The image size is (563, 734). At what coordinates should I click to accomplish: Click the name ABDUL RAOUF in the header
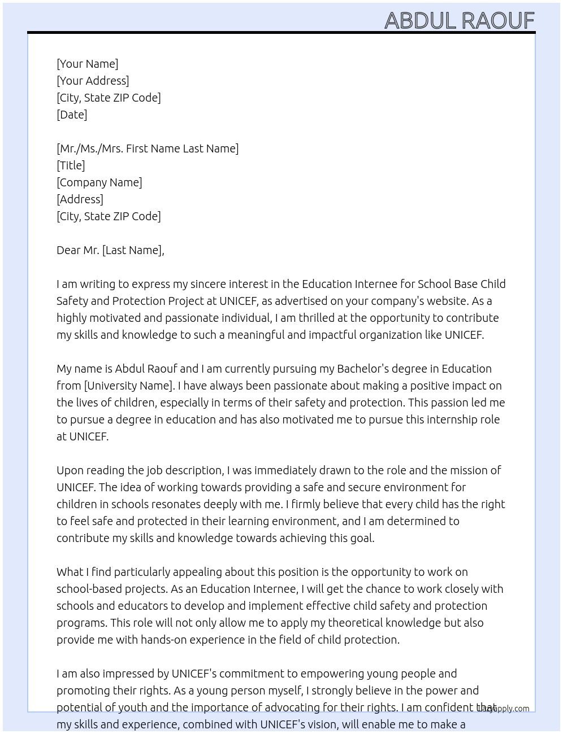[459, 20]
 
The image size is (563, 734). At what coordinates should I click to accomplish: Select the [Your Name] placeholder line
[87, 64]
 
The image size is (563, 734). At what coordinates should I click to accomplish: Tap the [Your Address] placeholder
[93, 81]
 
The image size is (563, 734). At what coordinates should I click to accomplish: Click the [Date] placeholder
[72, 115]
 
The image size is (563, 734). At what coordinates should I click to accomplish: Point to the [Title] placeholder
[71, 165]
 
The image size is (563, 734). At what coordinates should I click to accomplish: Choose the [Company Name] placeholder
[99, 182]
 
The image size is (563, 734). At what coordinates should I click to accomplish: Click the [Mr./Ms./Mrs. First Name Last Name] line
[148, 148]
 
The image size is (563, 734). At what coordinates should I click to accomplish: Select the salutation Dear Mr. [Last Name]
[110, 250]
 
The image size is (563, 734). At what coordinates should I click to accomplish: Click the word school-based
[90, 589]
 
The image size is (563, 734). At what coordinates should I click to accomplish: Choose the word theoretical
[365, 623]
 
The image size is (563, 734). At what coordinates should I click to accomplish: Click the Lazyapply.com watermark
[503, 708]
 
